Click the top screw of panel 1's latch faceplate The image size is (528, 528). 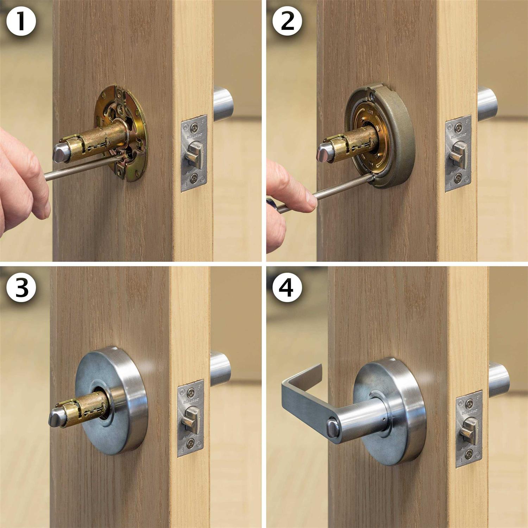point(194,126)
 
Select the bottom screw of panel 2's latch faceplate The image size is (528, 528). point(458,180)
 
